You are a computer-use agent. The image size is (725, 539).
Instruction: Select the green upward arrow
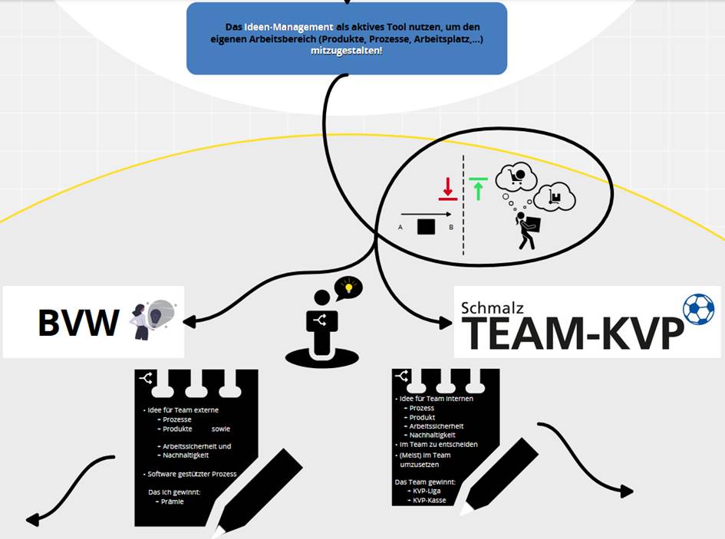click(x=479, y=188)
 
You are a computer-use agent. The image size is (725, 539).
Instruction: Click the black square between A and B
click(x=426, y=227)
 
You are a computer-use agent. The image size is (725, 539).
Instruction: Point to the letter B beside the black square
click(x=451, y=228)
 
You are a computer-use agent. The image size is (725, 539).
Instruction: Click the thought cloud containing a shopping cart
click(x=516, y=178)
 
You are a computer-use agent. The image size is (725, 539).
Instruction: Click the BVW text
click(x=78, y=323)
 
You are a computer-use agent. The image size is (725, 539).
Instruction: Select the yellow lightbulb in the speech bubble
click(x=349, y=288)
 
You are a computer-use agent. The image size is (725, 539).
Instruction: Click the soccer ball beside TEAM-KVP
click(x=697, y=309)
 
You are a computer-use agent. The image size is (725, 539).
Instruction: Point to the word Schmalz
click(x=493, y=307)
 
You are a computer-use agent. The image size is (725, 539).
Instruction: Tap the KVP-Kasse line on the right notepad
click(x=430, y=500)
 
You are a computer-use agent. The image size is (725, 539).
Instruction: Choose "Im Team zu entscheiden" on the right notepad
click(x=438, y=444)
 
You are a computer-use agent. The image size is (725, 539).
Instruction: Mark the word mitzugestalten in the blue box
click(x=346, y=51)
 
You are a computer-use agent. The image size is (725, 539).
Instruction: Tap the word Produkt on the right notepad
click(x=422, y=417)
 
